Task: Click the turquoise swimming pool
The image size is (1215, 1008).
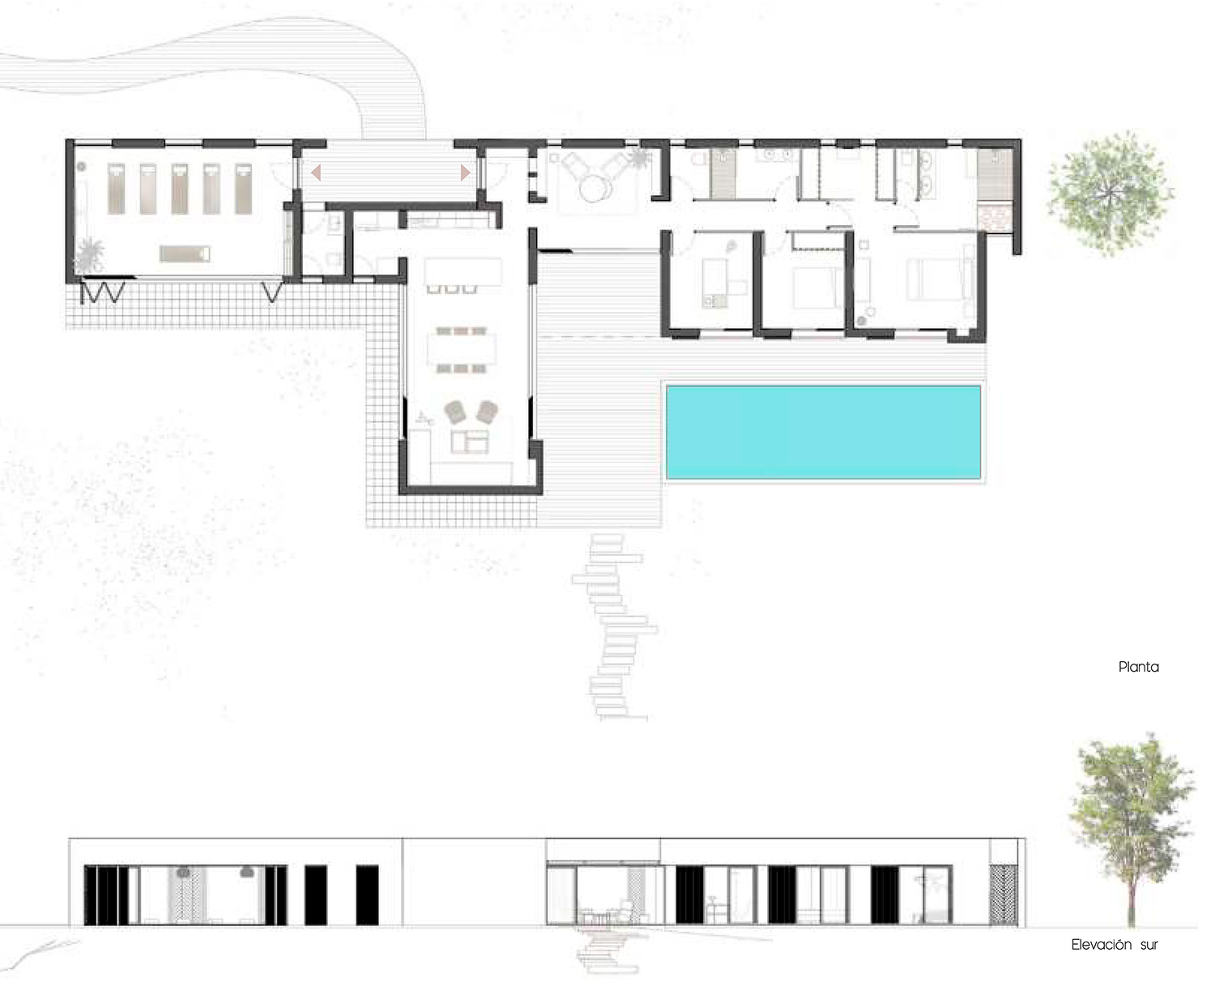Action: point(823,431)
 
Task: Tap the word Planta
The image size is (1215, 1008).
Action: point(1138,667)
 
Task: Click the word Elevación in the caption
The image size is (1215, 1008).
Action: point(1101,945)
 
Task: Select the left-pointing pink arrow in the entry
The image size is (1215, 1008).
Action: point(316,172)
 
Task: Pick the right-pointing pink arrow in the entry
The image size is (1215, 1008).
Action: point(465,172)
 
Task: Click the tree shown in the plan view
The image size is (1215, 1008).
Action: point(1110,193)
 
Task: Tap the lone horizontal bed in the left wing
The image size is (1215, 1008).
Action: point(185,254)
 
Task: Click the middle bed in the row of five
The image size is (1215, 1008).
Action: point(179,188)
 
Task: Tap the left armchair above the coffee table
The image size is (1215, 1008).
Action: point(455,412)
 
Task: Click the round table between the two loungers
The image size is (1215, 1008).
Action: point(596,189)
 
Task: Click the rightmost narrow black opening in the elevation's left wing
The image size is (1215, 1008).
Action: point(367,895)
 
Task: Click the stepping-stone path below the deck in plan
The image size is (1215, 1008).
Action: point(614,624)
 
